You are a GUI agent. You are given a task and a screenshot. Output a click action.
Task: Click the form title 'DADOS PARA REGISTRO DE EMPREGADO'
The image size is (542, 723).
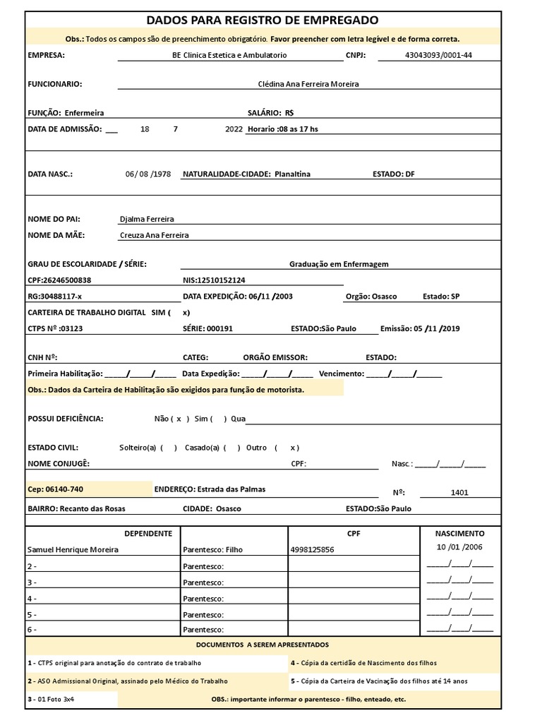click(x=262, y=20)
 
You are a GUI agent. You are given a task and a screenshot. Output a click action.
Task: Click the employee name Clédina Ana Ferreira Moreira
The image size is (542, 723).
click(x=308, y=84)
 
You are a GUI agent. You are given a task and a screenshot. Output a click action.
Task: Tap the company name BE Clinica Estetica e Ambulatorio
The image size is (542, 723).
click(x=229, y=55)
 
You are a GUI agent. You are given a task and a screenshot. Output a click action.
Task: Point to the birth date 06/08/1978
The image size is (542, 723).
click(x=147, y=174)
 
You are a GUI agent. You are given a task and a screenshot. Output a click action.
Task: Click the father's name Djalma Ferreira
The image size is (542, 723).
click(x=147, y=220)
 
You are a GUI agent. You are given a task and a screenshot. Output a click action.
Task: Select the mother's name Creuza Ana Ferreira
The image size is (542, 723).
click(x=155, y=235)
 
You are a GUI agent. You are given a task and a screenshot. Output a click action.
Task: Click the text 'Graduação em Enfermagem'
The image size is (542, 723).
click(x=339, y=264)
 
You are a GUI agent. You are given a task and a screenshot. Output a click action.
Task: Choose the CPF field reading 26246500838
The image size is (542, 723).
click(x=59, y=280)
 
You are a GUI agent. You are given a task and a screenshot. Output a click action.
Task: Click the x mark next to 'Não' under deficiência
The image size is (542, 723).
click(x=179, y=419)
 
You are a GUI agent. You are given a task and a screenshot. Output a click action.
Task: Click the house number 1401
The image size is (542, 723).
click(x=459, y=493)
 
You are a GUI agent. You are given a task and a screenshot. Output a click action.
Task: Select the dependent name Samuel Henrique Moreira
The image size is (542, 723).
click(x=73, y=549)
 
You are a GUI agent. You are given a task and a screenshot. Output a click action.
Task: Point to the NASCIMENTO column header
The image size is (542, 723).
click(x=459, y=534)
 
